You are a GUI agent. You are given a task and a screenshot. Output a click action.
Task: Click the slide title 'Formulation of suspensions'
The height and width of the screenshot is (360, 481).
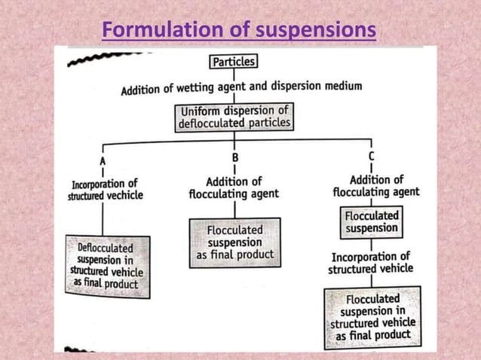coord(238,31)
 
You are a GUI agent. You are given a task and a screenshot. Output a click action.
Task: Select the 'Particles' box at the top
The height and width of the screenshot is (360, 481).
coord(234,62)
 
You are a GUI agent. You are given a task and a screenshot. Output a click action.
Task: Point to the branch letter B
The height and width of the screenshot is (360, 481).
coord(234,158)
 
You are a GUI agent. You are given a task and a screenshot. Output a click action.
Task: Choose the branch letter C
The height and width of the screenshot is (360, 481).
coord(371,156)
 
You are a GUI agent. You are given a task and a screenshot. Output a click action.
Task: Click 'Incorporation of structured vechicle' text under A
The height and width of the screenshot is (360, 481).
coord(106,189)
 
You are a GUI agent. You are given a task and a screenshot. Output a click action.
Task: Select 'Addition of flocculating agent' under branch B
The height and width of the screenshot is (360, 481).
coord(234,188)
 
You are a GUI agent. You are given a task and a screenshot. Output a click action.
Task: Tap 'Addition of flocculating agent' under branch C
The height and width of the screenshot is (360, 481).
coord(375,185)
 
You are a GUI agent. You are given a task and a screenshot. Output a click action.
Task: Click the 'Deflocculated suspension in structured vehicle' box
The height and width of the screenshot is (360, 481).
coord(107,266)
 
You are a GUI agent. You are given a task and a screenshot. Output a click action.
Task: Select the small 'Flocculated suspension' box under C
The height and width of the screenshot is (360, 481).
coord(371,221)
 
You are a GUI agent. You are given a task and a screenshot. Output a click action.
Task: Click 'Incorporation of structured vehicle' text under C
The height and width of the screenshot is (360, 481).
coord(370,262)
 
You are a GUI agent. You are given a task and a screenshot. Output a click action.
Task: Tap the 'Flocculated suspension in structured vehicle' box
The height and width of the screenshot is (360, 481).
coord(372,317)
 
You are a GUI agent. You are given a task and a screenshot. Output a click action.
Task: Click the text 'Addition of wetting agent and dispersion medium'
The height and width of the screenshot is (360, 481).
coord(241,88)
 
